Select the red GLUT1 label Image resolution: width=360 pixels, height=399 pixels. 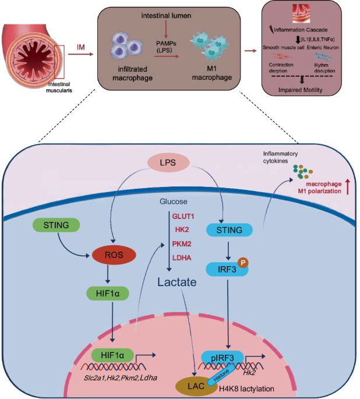pos(182,216)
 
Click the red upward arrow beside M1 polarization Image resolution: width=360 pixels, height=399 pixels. pos(347,187)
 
